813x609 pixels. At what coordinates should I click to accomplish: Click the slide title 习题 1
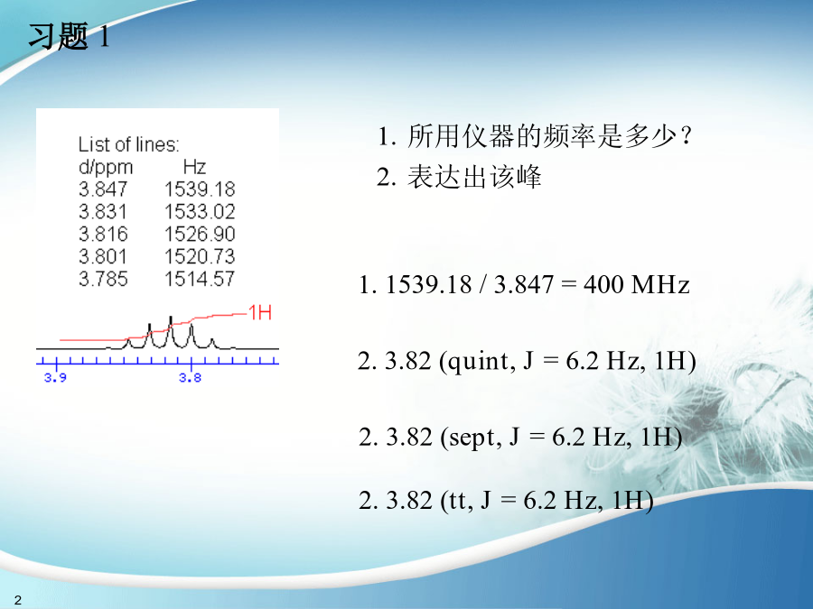(x=69, y=36)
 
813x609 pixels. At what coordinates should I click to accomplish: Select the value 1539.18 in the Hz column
(x=200, y=189)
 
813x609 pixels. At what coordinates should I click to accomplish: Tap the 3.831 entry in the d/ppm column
(x=103, y=211)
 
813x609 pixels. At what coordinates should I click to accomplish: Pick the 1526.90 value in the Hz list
(x=200, y=234)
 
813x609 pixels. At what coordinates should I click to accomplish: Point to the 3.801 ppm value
(x=103, y=256)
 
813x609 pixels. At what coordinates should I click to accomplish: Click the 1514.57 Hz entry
(x=200, y=279)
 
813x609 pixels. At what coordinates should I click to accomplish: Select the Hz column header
(x=194, y=167)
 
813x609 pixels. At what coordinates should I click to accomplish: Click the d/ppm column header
(x=106, y=168)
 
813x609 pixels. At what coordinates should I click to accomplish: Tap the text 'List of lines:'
(x=128, y=144)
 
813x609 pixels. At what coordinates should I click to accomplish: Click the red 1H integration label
(x=260, y=313)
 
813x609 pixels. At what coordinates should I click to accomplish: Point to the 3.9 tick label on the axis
(x=55, y=377)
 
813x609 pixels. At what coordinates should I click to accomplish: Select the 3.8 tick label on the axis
(x=191, y=377)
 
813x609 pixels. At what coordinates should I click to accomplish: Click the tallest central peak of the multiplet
(x=171, y=317)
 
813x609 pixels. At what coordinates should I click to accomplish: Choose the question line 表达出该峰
(x=459, y=177)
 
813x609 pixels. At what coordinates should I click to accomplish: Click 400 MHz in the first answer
(x=636, y=284)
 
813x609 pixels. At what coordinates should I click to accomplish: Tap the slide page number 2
(x=18, y=600)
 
